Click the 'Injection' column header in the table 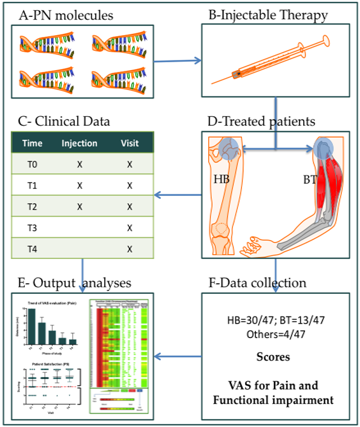[x=79, y=144]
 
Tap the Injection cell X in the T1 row [x=79, y=185]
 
